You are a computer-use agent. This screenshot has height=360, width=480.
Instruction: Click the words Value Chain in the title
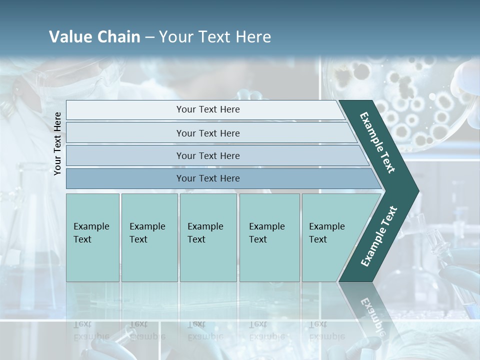pyautogui.click(x=94, y=37)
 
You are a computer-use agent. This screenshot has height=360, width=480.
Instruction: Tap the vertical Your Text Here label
pyautogui.click(x=57, y=143)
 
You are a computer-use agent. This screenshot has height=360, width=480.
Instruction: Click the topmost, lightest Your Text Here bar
pyautogui.click(x=207, y=109)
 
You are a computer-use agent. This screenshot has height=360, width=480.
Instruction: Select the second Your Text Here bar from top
pyautogui.click(x=207, y=133)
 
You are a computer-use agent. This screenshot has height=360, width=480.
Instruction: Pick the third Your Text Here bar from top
pyautogui.click(x=207, y=155)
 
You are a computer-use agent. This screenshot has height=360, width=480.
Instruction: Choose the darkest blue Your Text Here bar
pyautogui.click(x=207, y=178)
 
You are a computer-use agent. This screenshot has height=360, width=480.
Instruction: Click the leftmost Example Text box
pyautogui.click(x=92, y=237)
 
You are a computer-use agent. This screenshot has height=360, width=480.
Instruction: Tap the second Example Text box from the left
pyautogui.click(x=149, y=237)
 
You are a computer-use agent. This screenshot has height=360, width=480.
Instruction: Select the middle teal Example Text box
pyautogui.click(x=208, y=237)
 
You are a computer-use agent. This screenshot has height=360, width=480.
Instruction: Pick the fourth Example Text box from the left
pyautogui.click(x=269, y=237)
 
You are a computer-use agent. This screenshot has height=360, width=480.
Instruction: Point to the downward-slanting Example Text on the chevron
pyautogui.click(x=378, y=142)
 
